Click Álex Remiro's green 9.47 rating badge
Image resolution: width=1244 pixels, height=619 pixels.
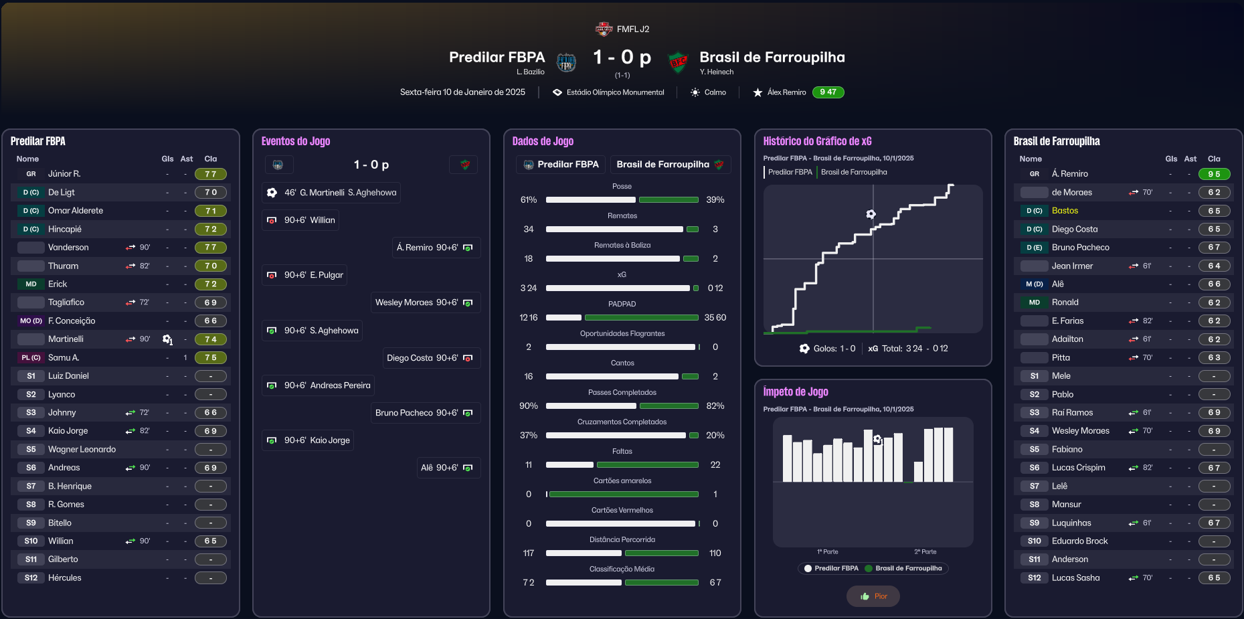point(828,92)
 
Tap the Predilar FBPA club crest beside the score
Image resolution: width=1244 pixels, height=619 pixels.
point(566,62)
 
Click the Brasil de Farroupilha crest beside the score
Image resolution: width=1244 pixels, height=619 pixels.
point(679,62)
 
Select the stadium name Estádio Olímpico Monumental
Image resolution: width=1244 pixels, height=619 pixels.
point(615,92)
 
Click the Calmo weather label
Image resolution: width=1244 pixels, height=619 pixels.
point(715,92)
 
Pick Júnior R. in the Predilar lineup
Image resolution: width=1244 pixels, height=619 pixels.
point(64,174)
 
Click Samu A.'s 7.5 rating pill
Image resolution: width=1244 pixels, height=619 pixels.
point(211,358)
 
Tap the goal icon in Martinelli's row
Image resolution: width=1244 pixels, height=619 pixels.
point(167,340)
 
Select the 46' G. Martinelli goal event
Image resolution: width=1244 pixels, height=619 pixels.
point(332,193)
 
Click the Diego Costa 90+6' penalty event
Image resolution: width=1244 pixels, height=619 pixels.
point(432,358)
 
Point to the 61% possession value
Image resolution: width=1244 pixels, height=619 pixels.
point(529,200)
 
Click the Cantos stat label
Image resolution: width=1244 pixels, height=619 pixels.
point(622,363)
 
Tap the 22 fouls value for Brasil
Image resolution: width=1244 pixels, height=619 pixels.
point(715,465)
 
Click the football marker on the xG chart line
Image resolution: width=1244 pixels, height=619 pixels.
point(871,214)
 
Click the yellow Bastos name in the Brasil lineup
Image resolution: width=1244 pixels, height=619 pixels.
point(1065,211)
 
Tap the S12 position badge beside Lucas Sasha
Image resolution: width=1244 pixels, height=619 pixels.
point(1035,578)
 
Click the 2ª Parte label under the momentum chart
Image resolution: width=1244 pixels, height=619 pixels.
point(925,552)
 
